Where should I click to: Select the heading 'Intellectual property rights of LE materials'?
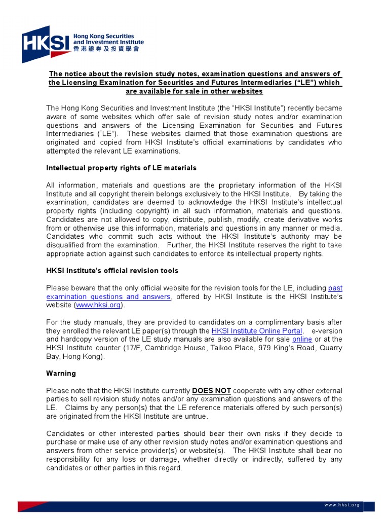point(121,168)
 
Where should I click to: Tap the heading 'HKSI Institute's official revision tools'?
point(112,271)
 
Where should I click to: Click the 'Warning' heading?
point(61,374)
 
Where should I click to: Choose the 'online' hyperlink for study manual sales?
point(302,339)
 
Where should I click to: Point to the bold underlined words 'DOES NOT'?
point(211,391)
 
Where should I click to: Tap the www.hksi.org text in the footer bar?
point(342,505)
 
